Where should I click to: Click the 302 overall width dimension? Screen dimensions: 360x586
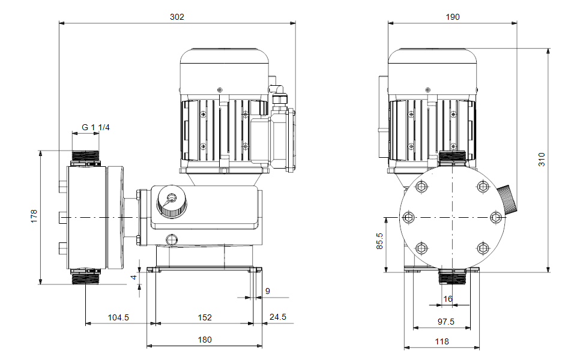[177, 17]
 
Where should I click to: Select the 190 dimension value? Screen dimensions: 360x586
[453, 17]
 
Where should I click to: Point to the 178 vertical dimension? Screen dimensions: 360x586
[34, 216]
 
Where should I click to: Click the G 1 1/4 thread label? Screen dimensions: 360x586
[95, 127]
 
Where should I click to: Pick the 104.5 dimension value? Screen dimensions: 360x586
[118, 317]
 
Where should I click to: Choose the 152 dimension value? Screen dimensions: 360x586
[205, 317]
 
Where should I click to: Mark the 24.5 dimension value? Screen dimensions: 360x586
[278, 317]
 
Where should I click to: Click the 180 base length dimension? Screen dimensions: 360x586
[205, 340]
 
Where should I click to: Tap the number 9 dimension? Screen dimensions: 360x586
[268, 291]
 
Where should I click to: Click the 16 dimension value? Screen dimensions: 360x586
[447, 299]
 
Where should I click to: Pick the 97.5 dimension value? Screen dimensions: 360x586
[446, 322]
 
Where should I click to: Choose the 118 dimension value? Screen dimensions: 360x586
[442, 341]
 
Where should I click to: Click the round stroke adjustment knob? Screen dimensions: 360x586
[171, 202]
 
